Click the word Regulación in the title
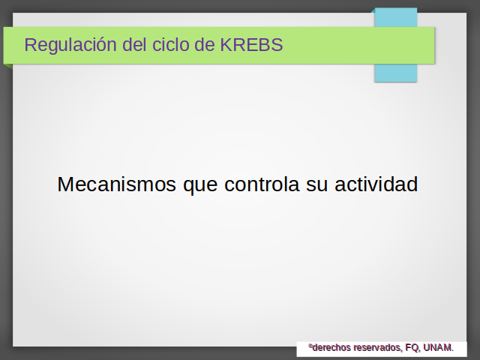[x=70, y=45]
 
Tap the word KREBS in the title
[x=251, y=45]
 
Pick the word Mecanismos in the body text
[x=117, y=184]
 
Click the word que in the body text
[x=200, y=186]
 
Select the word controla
[x=262, y=184]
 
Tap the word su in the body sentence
[x=316, y=186]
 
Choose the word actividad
[x=376, y=184]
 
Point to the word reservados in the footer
[x=378, y=348]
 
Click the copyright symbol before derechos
[x=310, y=346]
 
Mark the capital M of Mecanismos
[x=64, y=184]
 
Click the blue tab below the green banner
[x=395, y=73]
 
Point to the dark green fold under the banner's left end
[x=8, y=65]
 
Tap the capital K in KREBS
[x=226, y=45]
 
